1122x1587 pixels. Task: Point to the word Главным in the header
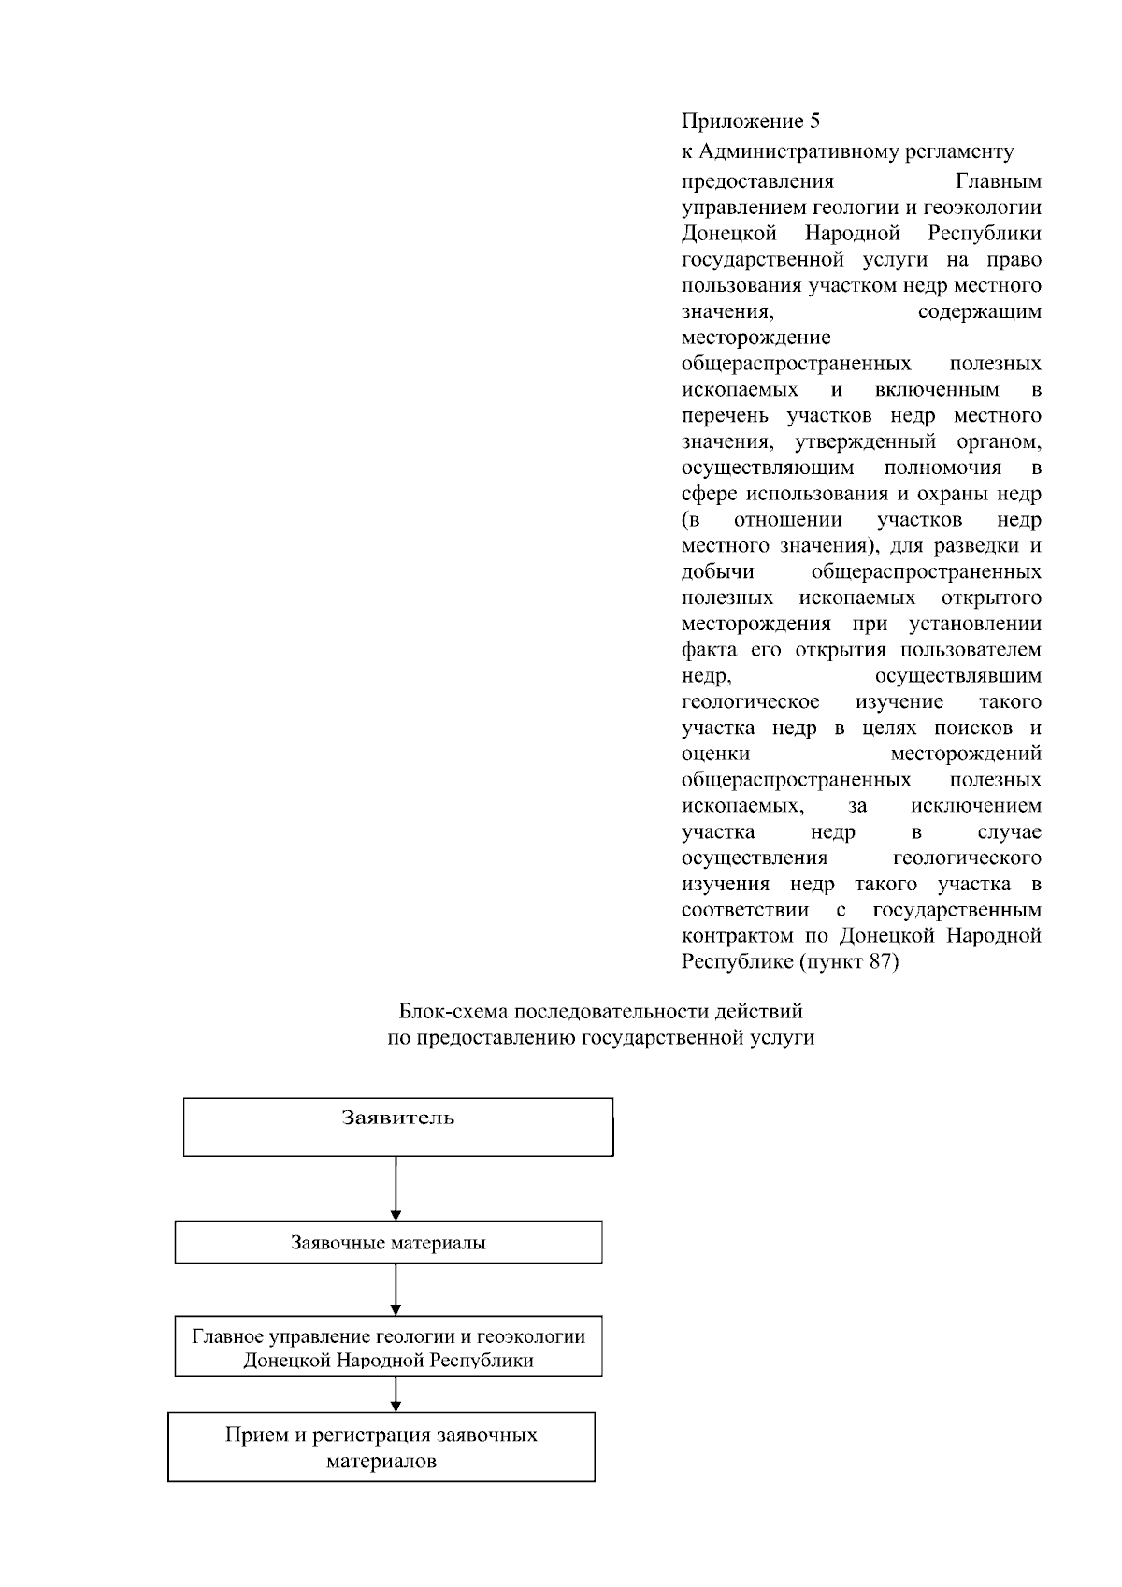point(999,180)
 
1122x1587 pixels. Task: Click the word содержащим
point(980,311)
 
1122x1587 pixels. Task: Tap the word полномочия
point(942,468)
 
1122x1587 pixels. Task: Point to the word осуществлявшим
point(958,676)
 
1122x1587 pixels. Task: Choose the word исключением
point(975,806)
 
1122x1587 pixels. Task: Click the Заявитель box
point(398,1127)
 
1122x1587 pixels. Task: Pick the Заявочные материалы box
point(388,1244)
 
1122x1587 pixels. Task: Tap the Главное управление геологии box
point(388,1347)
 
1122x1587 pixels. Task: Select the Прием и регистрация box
point(381,1447)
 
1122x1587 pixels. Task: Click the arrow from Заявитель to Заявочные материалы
point(396,1189)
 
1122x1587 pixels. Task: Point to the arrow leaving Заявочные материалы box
point(396,1290)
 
